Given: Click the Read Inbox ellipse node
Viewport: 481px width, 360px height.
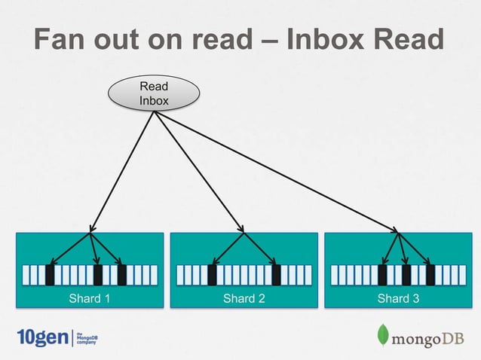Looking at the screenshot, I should coord(154,93).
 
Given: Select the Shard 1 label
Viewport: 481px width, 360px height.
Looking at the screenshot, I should coord(90,299).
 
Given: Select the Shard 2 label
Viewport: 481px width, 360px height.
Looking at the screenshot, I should coord(244,299).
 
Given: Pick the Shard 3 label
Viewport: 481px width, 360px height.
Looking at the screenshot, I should coord(398,299).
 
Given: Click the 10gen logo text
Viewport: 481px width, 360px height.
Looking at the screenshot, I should coord(41,337).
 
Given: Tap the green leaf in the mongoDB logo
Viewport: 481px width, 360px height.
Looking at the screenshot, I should coord(383,336).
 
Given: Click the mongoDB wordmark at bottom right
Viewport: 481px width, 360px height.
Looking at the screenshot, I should coord(427,338).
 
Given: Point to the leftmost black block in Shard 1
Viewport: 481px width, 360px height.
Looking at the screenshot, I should coord(50,275).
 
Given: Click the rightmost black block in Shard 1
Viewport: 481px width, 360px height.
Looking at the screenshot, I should coord(121,275).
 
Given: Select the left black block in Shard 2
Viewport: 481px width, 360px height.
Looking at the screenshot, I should coord(212,275).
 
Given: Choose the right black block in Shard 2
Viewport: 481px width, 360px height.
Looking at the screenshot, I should coord(276,275).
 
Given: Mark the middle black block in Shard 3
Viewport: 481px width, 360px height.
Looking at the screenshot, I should coord(406,275).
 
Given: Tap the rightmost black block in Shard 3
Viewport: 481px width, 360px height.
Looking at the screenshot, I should coord(430,275).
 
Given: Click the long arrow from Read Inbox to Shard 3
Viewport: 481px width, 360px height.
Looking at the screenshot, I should coord(279,172).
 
